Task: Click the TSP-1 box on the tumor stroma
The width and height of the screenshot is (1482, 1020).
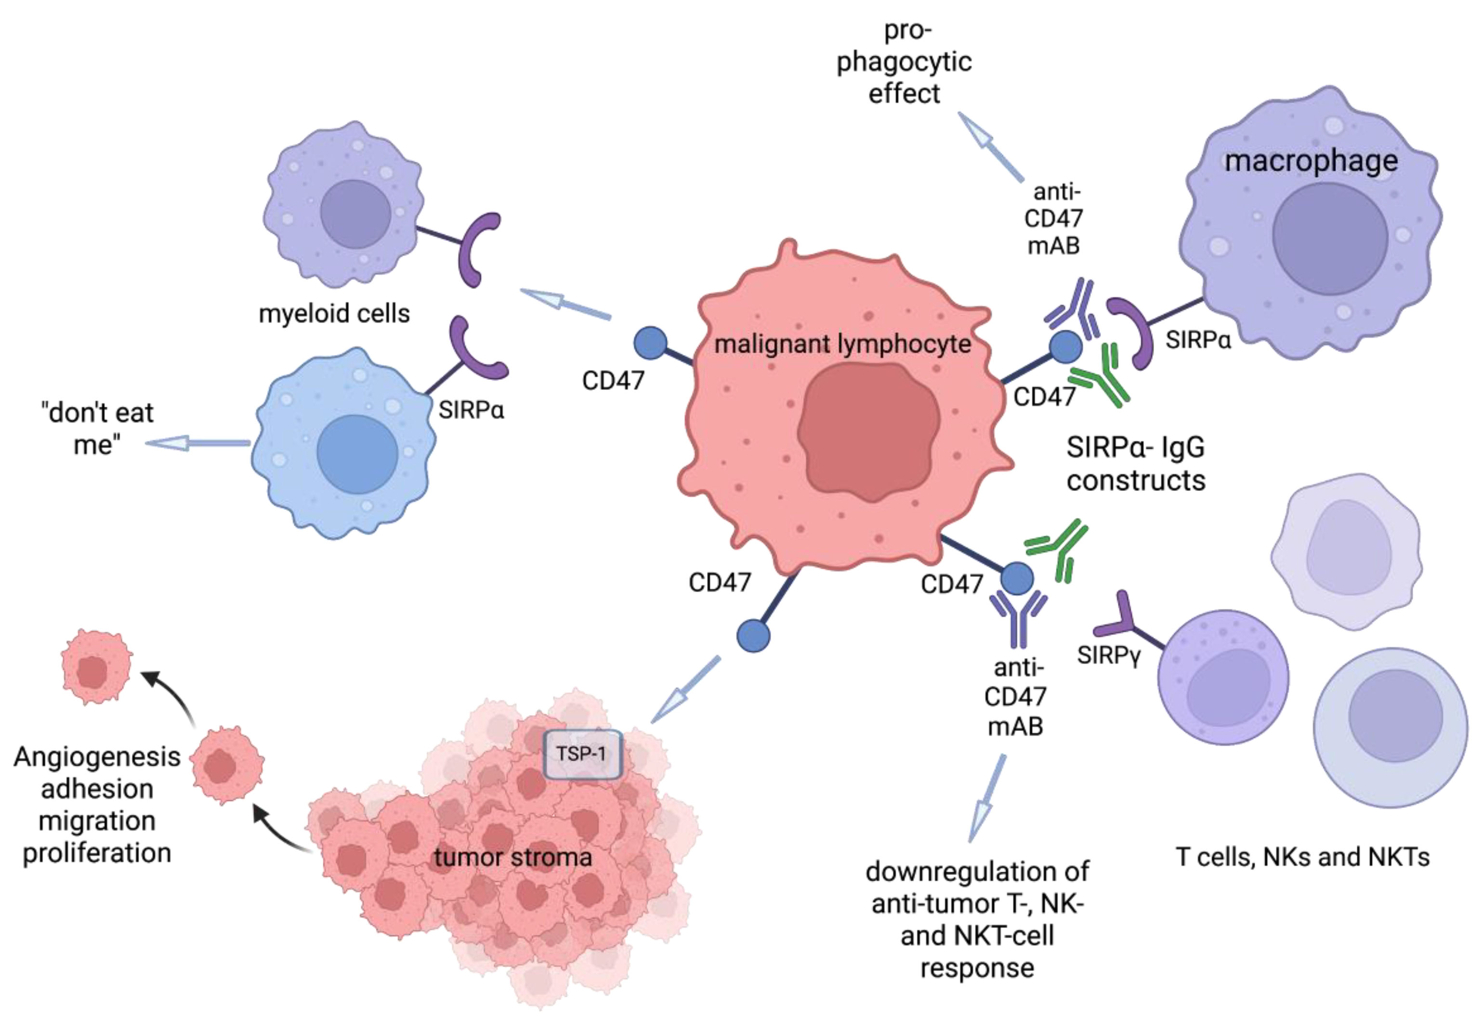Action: click(x=582, y=754)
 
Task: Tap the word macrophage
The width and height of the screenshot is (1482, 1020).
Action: click(x=1311, y=161)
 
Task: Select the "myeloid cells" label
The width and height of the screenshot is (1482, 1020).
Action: click(x=334, y=314)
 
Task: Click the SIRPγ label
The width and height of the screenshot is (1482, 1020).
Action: click(x=1108, y=655)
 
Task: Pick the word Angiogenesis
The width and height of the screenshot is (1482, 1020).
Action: click(x=97, y=757)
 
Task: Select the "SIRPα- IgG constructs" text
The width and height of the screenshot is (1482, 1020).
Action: click(x=1135, y=464)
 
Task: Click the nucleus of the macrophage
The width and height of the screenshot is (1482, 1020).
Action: click(x=1329, y=238)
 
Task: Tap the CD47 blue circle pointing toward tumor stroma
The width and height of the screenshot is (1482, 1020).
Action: click(x=753, y=636)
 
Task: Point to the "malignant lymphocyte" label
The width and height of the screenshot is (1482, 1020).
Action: click(x=842, y=344)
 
